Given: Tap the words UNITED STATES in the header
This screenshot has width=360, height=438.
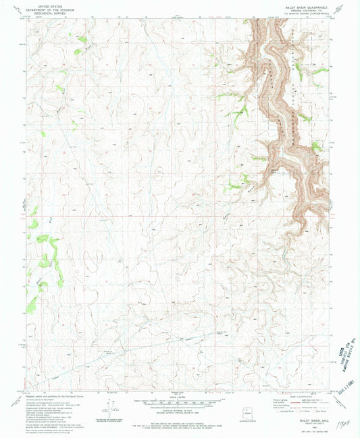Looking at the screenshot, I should tap(49, 5).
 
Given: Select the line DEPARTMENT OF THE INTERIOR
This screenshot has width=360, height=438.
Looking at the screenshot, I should tap(49, 8).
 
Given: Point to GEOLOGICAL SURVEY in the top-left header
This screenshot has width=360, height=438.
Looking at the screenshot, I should tap(49, 11).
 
